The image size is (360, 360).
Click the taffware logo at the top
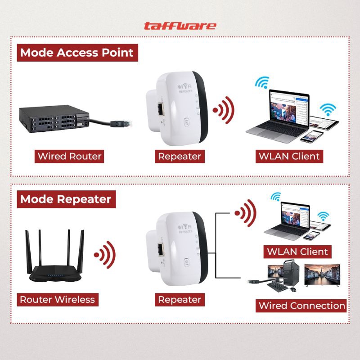pos(180,26)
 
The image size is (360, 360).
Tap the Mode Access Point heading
pos(76,53)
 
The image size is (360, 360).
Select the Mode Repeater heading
pos(65,198)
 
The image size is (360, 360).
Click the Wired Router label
pos(70,157)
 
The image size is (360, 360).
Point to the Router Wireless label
pos(57,299)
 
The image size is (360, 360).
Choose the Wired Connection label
pos(301,306)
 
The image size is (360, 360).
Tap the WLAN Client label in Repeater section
pos(297,251)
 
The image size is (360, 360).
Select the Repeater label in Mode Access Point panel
pos(179,157)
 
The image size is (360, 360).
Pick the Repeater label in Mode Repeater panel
pos(179,299)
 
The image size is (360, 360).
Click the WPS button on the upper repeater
pos(187,122)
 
